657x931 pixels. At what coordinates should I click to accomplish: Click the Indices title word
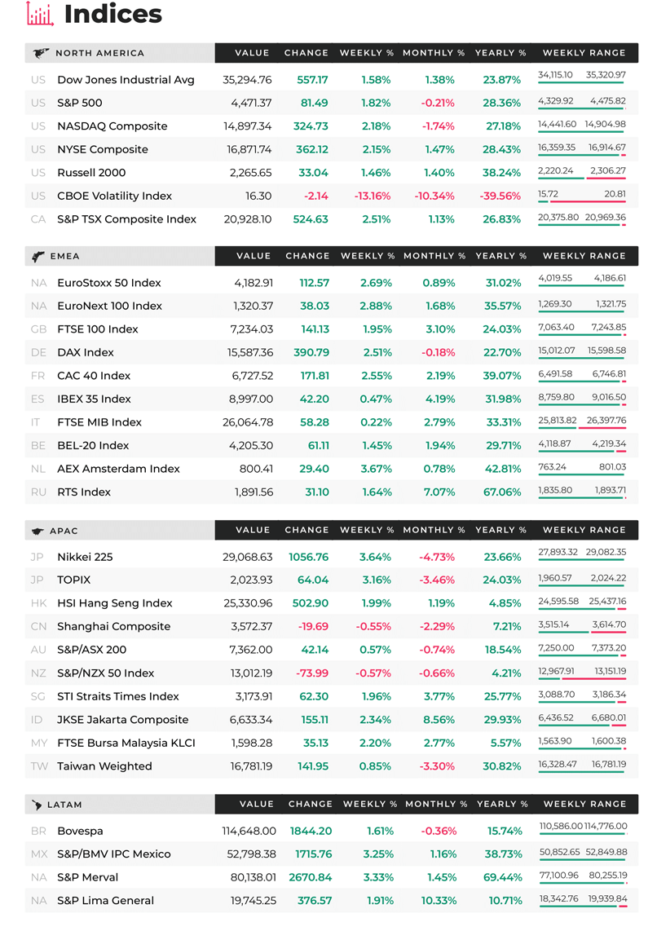112,14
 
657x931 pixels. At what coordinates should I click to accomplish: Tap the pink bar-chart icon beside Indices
41,14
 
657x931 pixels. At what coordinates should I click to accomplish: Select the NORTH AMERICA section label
99,53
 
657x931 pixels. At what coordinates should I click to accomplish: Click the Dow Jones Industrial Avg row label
126,80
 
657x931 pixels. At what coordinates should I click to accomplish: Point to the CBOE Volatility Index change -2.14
315,196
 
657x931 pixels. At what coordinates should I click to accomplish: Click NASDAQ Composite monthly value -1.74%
438,126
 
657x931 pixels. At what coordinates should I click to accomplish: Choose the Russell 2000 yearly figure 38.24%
501,173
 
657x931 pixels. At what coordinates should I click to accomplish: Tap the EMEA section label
64,257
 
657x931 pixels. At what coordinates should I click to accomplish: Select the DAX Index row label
86,353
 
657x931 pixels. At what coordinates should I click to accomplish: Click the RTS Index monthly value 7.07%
439,492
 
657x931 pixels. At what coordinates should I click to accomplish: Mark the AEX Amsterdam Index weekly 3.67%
377,469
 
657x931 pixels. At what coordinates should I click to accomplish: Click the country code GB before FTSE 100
38,329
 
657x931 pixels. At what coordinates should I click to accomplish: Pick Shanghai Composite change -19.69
313,626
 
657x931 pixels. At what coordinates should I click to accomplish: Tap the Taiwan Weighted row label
104,766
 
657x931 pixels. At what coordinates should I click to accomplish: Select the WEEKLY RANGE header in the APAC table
584,530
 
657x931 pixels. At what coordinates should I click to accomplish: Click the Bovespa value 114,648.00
249,832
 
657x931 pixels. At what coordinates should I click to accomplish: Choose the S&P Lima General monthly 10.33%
439,901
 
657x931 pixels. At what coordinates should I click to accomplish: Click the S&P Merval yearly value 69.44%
503,877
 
